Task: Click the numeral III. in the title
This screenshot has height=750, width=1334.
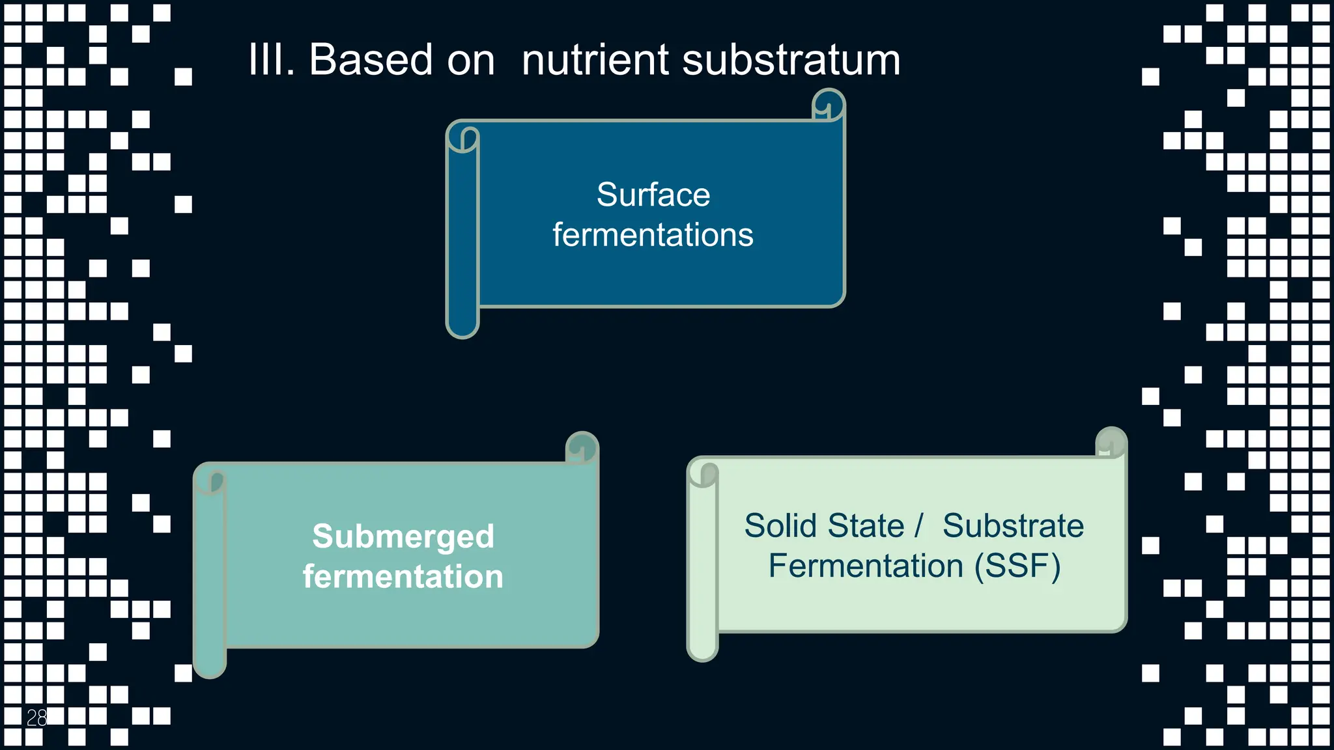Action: point(271,60)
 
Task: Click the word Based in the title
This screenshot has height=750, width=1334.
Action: point(370,60)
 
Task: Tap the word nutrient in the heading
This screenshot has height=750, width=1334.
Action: point(595,60)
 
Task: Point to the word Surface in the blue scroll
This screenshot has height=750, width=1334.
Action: point(653,195)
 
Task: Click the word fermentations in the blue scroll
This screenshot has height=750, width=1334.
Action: point(653,235)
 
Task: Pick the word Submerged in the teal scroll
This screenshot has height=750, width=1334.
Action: point(403,536)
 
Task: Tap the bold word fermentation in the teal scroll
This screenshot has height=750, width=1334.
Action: point(403,577)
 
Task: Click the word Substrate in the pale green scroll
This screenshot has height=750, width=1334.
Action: point(1013,526)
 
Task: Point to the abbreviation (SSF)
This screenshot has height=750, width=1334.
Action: point(1017,566)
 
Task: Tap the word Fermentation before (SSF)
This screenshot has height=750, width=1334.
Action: point(866,566)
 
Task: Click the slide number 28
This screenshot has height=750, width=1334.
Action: point(36,717)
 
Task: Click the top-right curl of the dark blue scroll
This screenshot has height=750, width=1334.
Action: point(829,105)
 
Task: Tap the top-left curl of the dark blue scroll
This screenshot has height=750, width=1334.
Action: point(463,138)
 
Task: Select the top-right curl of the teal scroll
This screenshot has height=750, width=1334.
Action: point(582,448)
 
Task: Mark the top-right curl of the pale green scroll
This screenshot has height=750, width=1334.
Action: point(1111,443)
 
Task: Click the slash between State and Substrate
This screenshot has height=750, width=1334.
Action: point(918,526)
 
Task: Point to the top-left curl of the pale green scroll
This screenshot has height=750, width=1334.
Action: point(703,474)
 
